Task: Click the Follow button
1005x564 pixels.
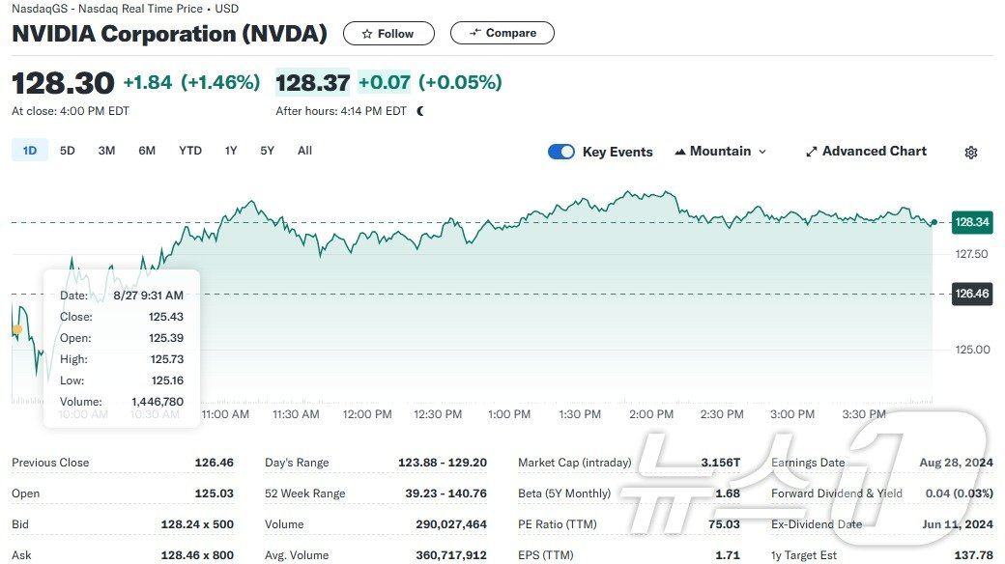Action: (388, 33)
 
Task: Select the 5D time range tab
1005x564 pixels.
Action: (68, 151)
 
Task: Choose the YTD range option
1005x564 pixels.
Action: (190, 151)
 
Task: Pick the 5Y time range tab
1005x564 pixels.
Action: (268, 151)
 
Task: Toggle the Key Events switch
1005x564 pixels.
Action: (561, 152)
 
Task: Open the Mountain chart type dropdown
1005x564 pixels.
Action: (721, 152)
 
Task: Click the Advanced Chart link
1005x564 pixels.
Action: (866, 152)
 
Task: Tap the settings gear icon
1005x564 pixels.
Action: (971, 153)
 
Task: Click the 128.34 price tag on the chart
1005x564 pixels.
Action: (971, 222)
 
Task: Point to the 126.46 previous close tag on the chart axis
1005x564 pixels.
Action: (971, 294)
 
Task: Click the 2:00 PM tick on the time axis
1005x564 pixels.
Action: (650, 414)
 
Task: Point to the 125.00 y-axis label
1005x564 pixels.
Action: (971, 350)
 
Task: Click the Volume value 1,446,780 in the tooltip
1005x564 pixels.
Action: (158, 402)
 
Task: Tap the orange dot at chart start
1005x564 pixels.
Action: (17, 329)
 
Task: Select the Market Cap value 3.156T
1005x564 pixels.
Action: (720, 463)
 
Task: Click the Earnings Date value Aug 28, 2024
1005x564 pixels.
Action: (956, 463)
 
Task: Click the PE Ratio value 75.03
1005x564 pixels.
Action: (724, 524)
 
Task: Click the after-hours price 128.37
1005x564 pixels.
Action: (312, 83)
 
